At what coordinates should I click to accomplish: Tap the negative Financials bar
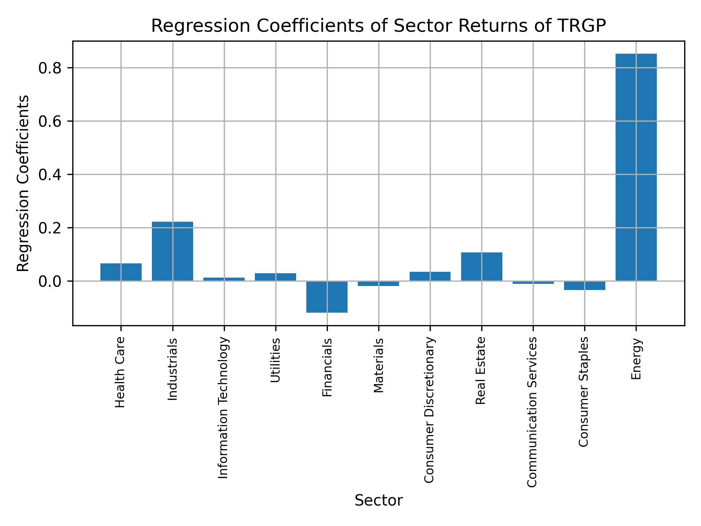(x=327, y=297)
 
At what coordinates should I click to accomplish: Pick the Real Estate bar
(x=482, y=267)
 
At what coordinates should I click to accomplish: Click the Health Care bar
(x=121, y=272)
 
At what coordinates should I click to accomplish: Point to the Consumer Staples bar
(x=585, y=286)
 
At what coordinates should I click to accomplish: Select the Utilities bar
(x=275, y=277)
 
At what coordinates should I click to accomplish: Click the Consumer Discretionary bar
(x=430, y=277)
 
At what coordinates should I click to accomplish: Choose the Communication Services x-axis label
(x=532, y=412)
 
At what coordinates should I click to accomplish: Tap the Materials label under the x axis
(x=379, y=365)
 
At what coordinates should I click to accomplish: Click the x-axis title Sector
(x=379, y=501)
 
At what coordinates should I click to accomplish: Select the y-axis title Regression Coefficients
(x=23, y=183)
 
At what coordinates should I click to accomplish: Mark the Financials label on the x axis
(x=327, y=367)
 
